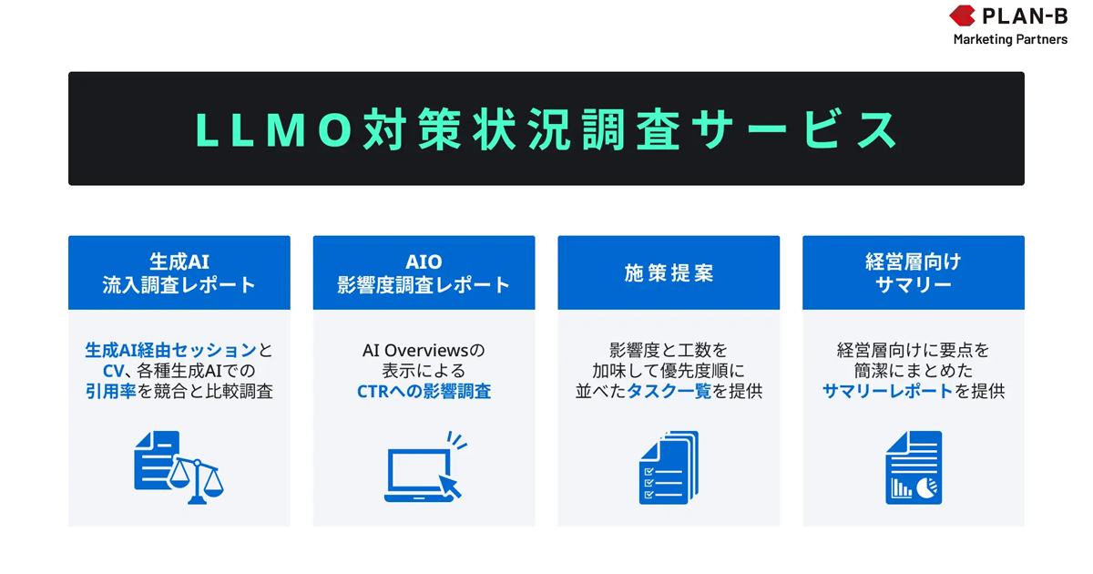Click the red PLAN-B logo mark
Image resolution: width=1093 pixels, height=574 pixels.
[963, 15]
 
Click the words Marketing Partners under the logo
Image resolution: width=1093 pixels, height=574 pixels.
[1010, 39]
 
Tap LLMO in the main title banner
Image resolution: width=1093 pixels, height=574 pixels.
[273, 129]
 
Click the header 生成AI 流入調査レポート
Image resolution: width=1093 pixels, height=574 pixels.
[179, 272]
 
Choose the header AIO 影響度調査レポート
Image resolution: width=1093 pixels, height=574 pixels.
[424, 272]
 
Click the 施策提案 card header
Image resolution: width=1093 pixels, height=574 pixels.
[669, 273]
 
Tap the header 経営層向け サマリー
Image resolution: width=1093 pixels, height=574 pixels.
[913, 272]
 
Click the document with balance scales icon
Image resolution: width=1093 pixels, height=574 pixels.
[179, 467]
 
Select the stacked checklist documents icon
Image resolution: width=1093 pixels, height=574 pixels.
[669, 467]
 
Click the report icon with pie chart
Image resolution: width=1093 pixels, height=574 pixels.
[914, 467]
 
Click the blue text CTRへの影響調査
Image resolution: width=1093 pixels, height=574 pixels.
[424, 392]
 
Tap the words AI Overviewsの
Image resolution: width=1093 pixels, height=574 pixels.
[424, 350]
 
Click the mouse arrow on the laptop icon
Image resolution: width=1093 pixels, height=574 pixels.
[450, 484]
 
